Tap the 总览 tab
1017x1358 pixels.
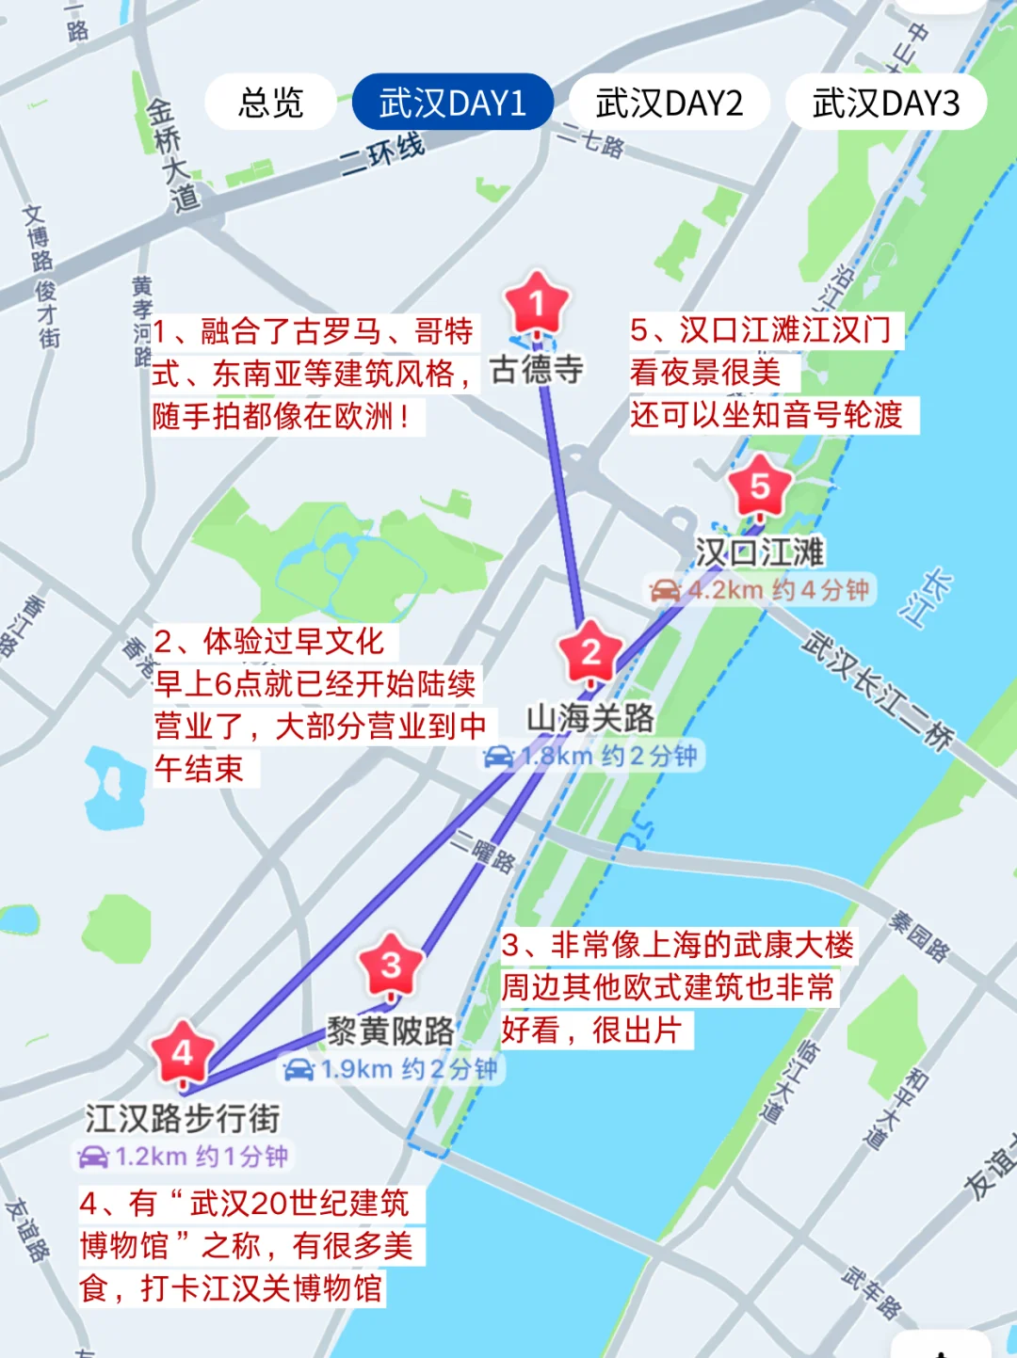point(270,103)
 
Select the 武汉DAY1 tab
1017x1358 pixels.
point(452,103)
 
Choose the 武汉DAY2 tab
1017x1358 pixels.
point(669,103)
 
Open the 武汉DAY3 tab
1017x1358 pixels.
point(885,103)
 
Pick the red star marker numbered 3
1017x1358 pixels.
point(391,965)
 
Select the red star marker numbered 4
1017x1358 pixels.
point(183,1052)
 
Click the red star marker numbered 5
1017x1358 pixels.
point(759,487)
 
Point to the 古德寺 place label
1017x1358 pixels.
point(537,369)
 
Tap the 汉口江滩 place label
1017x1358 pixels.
point(759,552)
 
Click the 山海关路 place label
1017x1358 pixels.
point(590,718)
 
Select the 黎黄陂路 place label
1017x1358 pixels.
point(391,1031)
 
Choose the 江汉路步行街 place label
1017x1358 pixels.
point(183,1118)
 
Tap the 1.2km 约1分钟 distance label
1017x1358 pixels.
point(183,1157)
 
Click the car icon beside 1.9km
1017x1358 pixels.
point(299,1070)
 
